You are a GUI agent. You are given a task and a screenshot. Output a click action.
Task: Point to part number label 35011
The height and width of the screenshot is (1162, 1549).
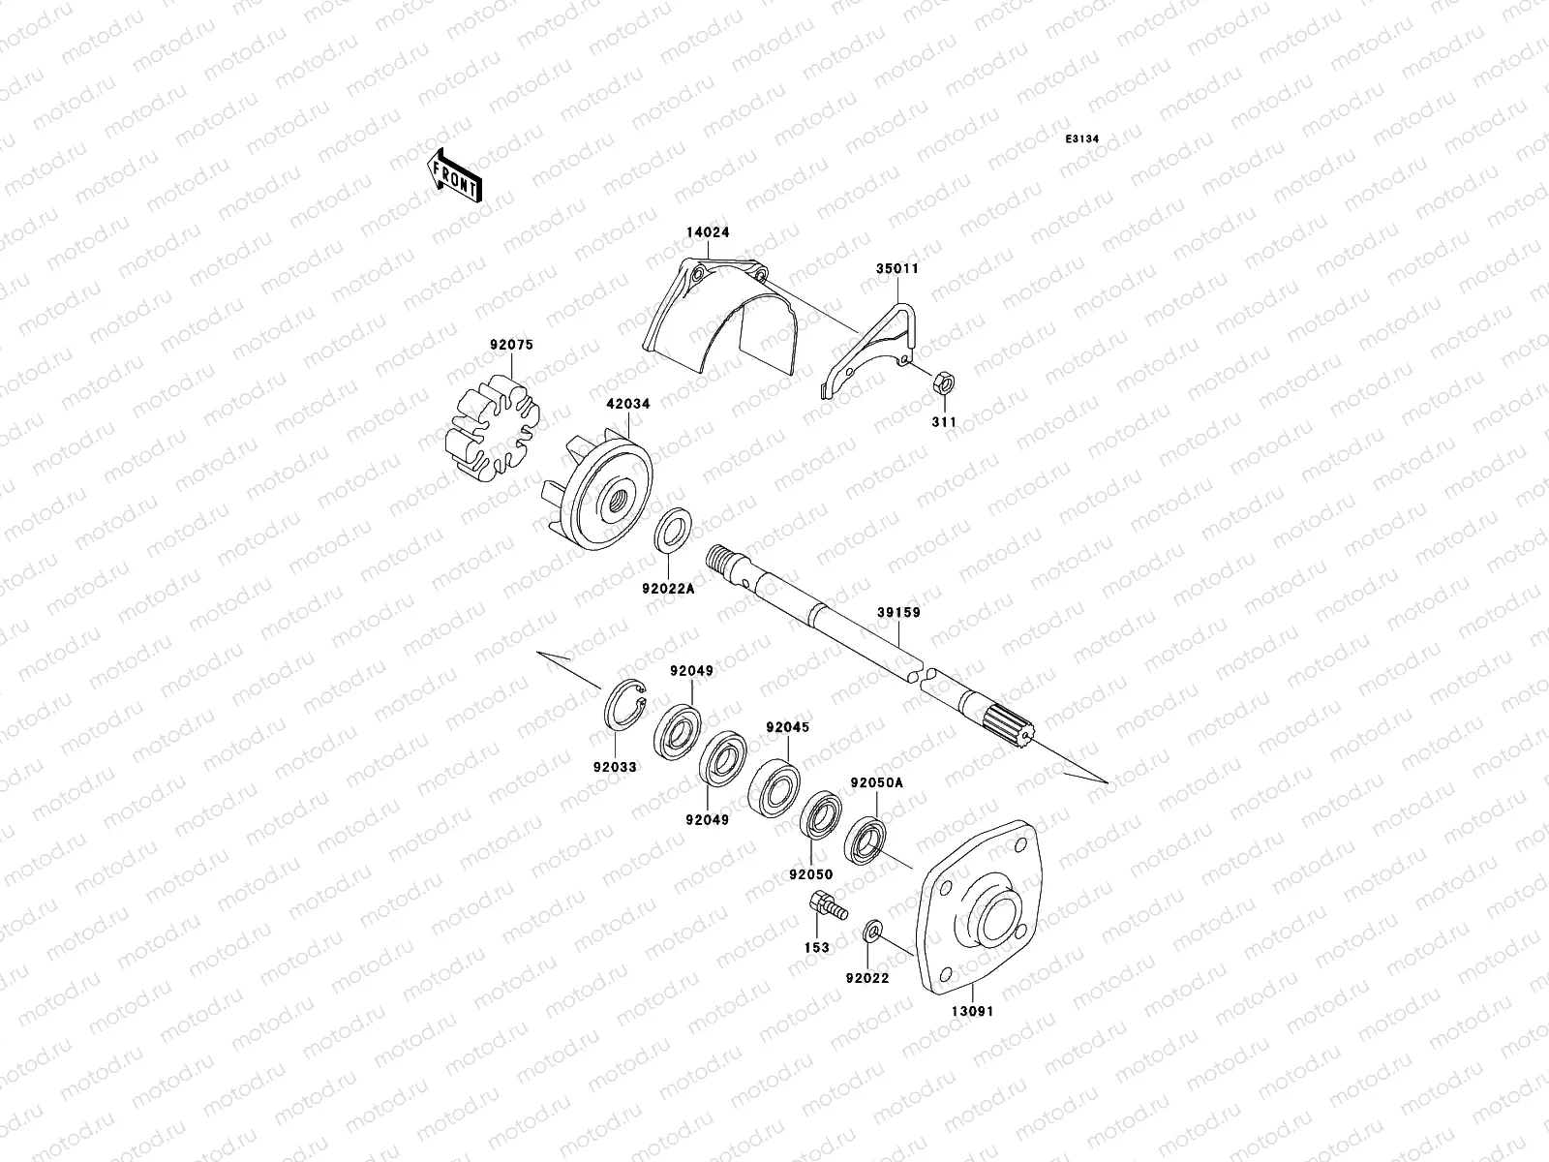[x=899, y=268]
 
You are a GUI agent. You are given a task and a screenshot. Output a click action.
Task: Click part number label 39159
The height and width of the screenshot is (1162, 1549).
[x=898, y=613]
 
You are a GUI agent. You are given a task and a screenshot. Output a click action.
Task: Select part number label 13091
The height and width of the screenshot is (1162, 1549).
[x=971, y=1011]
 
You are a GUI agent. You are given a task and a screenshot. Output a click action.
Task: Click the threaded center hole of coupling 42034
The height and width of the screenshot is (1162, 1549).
[x=614, y=503]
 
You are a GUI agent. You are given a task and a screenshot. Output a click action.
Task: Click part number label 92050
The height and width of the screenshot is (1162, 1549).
[x=811, y=874]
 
